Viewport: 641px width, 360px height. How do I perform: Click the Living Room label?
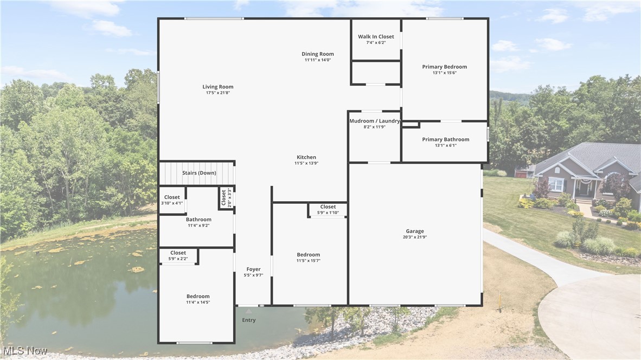click(x=217, y=87)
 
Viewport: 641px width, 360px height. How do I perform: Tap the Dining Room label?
click(x=318, y=54)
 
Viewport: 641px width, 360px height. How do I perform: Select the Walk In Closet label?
click(x=376, y=37)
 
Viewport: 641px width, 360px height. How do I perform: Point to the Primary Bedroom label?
click(x=444, y=67)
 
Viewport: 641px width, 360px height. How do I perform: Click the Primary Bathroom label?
click(x=445, y=139)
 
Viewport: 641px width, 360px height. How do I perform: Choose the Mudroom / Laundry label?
click(x=374, y=121)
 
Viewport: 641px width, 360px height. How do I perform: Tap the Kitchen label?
click(x=306, y=157)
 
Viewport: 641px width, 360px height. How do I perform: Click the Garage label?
click(x=415, y=231)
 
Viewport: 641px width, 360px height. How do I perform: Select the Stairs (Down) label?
click(x=199, y=173)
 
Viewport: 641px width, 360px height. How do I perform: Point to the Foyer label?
click(x=253, y=269)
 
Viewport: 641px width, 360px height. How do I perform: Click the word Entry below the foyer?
click(x=248, y=320)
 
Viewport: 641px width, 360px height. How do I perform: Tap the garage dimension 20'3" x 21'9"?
click(x=415, y=237)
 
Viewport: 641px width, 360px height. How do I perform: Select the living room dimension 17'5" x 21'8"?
click(x=217, y=93)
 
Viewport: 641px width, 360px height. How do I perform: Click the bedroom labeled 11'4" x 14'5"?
click(x=198, y=296)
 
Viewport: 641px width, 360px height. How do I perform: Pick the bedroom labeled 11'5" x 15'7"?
click(x=308, y=254)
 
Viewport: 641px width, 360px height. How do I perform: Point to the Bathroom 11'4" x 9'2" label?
click(x=198, y=220)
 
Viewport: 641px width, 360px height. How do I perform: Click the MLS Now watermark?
click(x=24, y=350)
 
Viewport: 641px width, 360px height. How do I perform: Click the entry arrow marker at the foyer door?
click(x=248, y=311)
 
